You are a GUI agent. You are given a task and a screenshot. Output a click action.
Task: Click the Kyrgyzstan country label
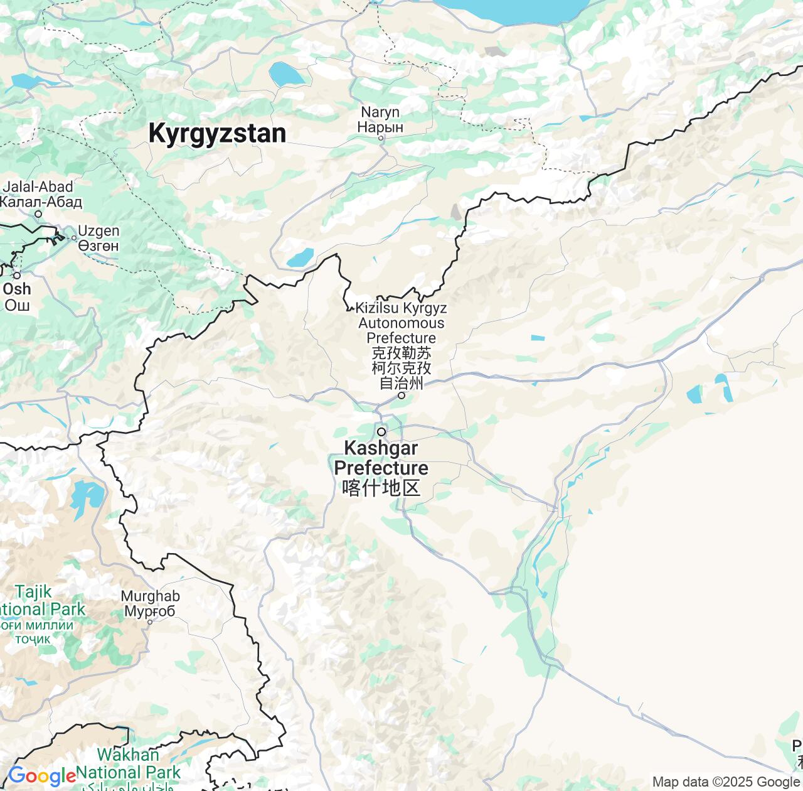tap(217, 134)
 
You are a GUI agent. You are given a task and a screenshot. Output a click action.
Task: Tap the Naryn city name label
tap(380, 119)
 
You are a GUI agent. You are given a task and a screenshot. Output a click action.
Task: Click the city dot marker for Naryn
tap(381, 138)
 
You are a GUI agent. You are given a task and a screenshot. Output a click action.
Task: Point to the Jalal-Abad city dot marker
tap(38, 214)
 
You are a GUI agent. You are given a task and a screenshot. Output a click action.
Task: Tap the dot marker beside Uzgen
tap(74, 238)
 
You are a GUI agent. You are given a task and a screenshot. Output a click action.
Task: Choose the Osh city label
tap(17, 297)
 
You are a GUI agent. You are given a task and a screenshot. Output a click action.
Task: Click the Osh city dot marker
tap(17, 276)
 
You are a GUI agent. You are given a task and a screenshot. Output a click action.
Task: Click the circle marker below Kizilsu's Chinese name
tap(401, 395)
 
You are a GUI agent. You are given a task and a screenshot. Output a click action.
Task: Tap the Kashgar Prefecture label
tap(381, 468)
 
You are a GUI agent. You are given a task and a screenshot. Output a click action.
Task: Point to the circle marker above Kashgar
tap(381, 432)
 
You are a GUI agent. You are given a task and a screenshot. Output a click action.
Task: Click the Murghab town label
tap(150, 603)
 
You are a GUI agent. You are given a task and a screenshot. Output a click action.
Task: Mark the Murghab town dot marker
tap(150, 622)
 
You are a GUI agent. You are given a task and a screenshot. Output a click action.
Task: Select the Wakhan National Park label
tap(129, 763)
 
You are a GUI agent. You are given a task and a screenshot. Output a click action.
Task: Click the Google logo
tap(42, 777)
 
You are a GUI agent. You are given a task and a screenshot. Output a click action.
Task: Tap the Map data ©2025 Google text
tap(726, 782)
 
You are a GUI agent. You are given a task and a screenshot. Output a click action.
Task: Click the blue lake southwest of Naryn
tap(300, 257)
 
